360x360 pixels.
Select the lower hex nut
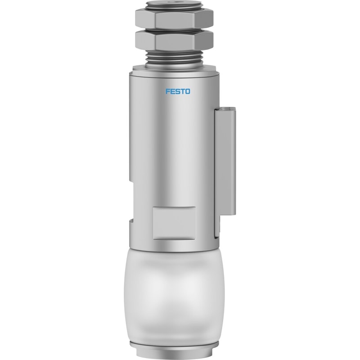(x=174, y=40)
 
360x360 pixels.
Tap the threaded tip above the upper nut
(x=174, y=4)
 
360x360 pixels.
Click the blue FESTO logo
(x=178, y=91)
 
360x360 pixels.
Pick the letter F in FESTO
(x=168, y=91)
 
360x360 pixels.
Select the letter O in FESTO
(x=188, y=91)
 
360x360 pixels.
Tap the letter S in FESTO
(x=177, y=91)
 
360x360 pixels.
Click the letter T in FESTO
(x=183, y=91)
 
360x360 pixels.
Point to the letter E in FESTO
(x=173, y=91)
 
